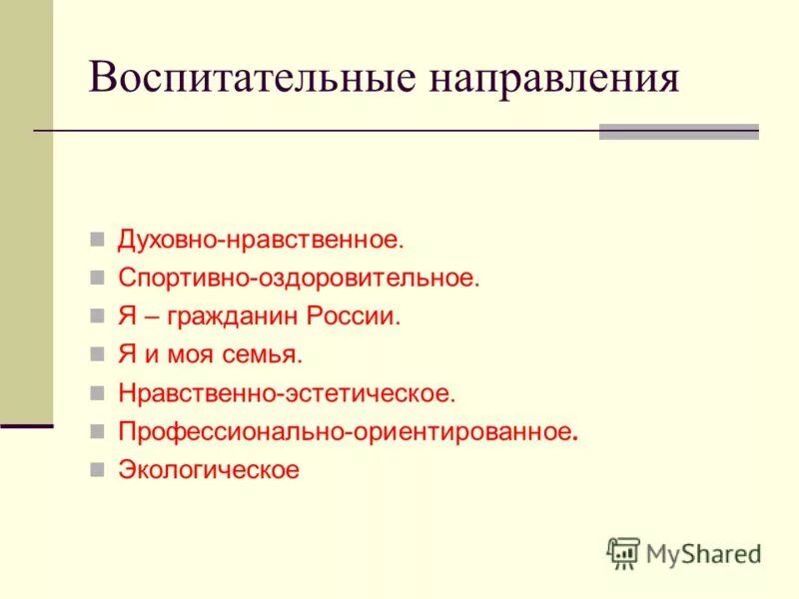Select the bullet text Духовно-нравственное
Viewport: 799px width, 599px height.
click(261, 240)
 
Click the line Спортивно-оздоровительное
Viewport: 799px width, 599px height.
click(299, 279)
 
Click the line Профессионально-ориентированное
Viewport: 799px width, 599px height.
click(348, 431)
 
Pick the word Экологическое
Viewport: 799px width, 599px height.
click(209, 469)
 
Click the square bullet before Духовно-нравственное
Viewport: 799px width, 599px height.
click(97, 241)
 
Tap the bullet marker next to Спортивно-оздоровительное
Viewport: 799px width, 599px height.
click(97, 279)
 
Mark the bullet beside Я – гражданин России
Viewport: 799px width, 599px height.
click(97, 316)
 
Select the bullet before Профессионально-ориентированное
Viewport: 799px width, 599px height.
click(97, 431)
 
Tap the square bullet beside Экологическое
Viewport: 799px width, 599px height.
click(97, 469)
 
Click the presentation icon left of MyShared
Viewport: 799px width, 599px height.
click(623, 552)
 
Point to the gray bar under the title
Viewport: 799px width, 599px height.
click(678, 131)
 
